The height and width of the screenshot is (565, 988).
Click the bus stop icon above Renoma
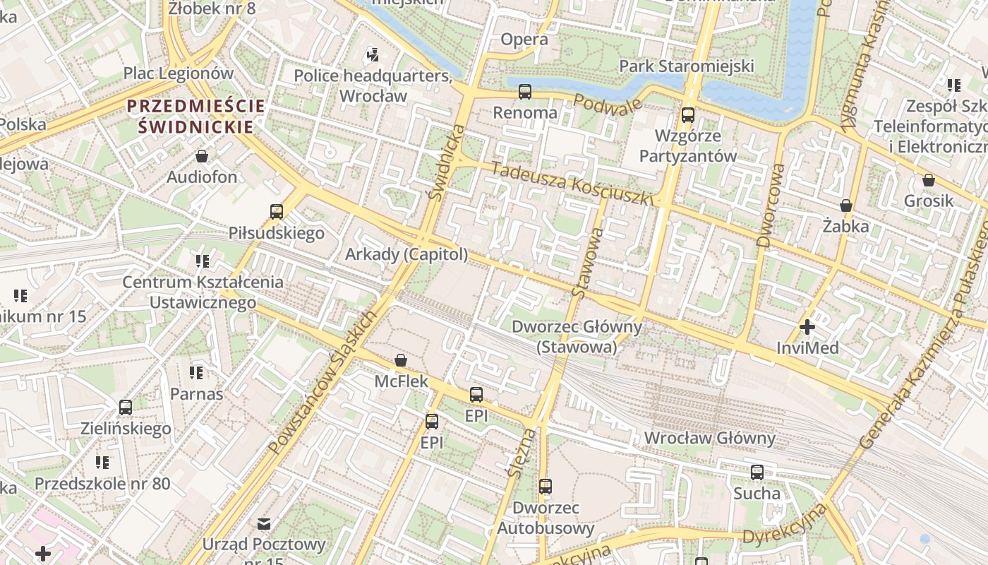click(524, 92)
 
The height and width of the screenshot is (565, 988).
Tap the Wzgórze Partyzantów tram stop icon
click(688, 114)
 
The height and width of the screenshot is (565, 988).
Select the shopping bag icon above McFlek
click(401, 360)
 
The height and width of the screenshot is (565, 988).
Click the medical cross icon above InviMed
click(807, 327)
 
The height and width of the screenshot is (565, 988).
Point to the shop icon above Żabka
click(846, 206)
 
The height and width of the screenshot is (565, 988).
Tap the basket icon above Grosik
click(929, 180)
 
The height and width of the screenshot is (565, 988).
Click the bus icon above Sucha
click(757, 472)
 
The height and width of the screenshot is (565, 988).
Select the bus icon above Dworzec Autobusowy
click(546, 487)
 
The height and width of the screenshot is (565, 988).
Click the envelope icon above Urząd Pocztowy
click(264, 523)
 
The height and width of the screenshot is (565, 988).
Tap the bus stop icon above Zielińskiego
click(126, 408)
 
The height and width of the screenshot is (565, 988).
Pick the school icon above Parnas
click(196, 372)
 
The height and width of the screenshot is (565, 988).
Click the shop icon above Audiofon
click(202, 156)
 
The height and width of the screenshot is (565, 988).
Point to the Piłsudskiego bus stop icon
click(277, 212)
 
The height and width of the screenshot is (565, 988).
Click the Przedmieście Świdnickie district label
click(196, 117)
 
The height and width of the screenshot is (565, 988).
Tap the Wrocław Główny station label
click(709, 438)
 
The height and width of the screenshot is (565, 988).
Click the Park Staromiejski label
click(687, 66)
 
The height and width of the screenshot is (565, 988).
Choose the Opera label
click(524, 40)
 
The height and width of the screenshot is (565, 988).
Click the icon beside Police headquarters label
click(373, 54)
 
